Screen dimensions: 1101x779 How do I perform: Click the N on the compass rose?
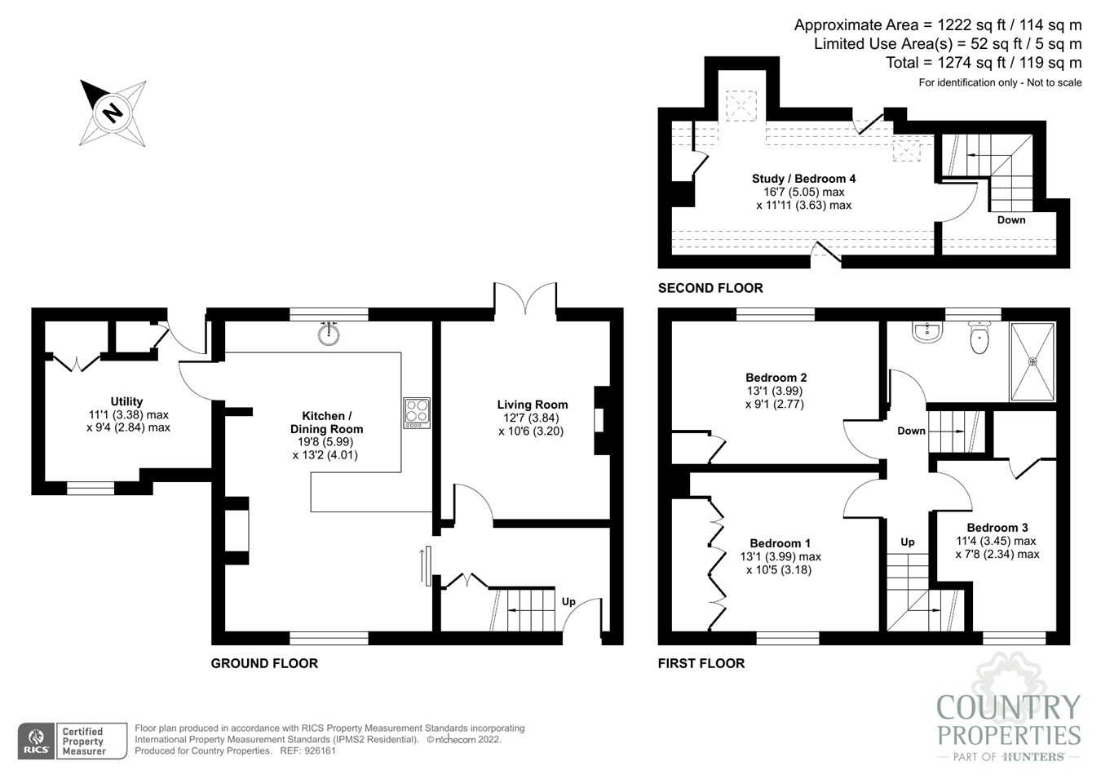[113, 113]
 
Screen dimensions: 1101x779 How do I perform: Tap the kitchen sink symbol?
[329, 334]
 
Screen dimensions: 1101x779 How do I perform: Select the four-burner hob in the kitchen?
[418, 413]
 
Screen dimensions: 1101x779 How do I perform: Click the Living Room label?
[533, 405]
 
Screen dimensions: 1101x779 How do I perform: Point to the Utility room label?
[126, 401]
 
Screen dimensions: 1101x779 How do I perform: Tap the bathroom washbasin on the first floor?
[927, 332]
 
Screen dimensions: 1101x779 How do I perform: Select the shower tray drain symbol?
[1032, 361]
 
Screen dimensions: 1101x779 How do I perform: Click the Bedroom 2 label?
[776, 378]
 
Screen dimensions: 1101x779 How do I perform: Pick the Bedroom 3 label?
[997, 528]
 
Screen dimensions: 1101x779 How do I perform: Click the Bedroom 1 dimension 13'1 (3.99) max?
[780, 557]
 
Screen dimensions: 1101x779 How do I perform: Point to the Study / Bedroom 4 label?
[803, 179]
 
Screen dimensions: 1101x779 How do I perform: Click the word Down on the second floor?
[1011, 220]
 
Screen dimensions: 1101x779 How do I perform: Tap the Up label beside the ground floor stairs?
[568, 601]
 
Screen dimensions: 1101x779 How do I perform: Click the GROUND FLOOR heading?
[264, 663]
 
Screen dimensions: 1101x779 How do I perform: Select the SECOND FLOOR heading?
[710, 288]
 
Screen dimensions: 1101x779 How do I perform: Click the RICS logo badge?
[37, 741]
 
